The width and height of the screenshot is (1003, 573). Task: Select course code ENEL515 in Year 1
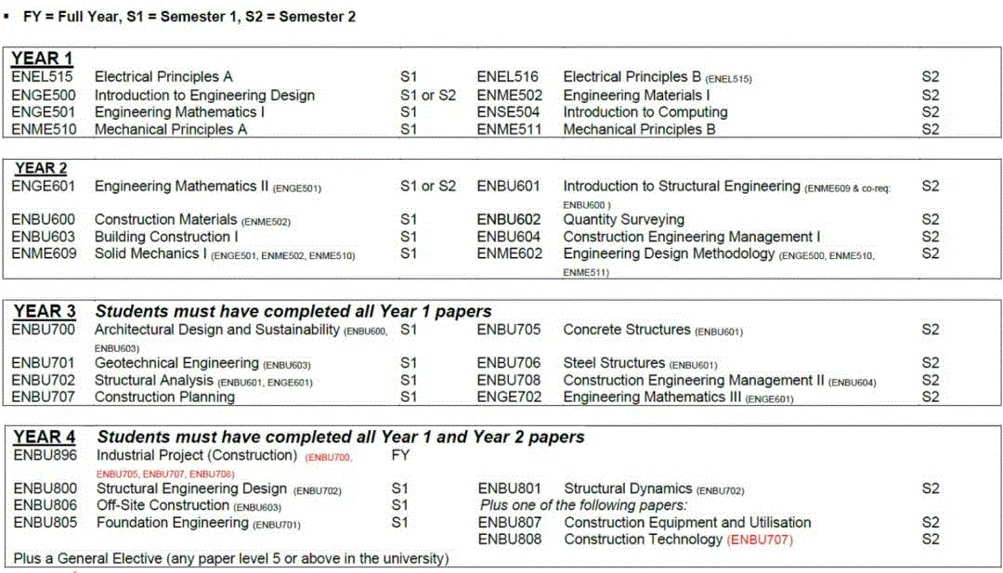42,77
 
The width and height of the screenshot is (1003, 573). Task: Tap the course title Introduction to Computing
645,112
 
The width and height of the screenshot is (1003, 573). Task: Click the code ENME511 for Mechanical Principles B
508,129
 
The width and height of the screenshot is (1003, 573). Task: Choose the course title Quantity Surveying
623,220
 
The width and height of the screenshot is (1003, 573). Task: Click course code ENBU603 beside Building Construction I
44,237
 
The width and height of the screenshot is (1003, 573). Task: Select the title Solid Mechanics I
150,254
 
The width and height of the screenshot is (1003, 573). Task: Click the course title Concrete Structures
627,330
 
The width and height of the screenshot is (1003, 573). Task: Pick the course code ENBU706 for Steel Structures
509,363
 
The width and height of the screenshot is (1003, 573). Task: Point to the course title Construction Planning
164,397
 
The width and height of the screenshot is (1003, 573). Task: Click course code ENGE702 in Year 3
509,397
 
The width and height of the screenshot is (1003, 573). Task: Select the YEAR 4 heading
45,436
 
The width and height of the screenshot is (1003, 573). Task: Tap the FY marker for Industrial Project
400,456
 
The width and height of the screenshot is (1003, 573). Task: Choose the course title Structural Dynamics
628,488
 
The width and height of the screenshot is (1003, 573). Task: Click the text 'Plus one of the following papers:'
583,505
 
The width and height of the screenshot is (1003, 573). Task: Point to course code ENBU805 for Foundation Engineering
46,523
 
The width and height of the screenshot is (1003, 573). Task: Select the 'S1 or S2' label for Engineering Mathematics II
428,187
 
